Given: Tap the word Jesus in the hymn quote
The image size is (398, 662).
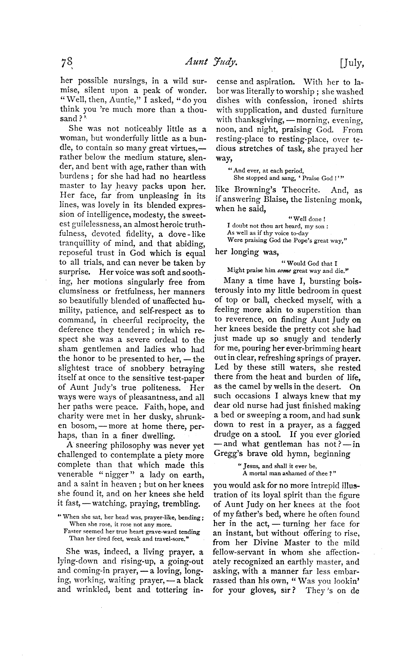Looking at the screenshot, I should pyautogui.click(x=251, y=466).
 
